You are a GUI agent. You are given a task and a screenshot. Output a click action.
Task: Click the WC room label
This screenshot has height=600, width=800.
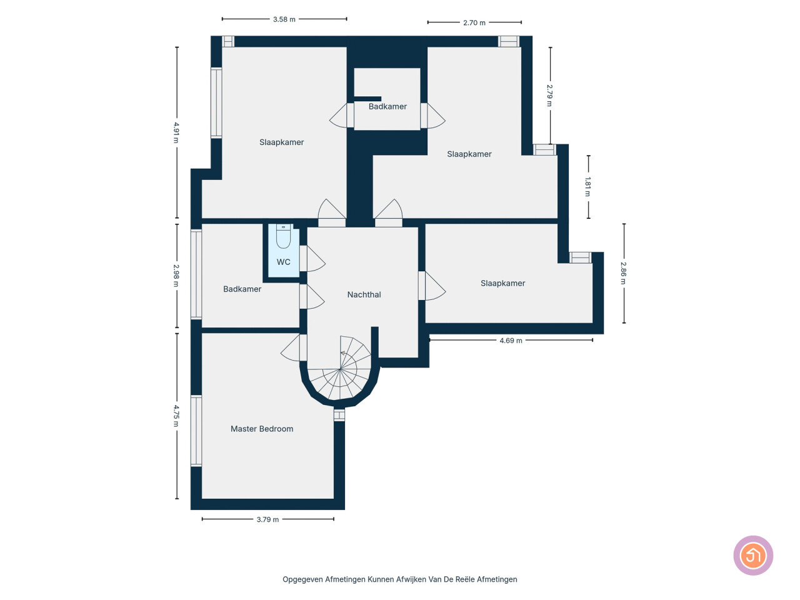point(283,262)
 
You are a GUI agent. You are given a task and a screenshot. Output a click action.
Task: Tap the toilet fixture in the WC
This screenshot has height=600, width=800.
point(283,236)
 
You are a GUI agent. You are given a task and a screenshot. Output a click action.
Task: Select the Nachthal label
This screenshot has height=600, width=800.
point(364,294)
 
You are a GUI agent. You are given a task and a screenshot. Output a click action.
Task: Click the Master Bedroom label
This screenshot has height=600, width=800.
point(262,429)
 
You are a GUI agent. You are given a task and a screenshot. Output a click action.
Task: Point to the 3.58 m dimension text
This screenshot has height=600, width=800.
point(284,19)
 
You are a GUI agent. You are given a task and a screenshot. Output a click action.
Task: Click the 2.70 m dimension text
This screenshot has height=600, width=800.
point(474,22)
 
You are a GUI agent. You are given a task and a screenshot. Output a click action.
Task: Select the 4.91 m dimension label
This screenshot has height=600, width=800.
point(176,132)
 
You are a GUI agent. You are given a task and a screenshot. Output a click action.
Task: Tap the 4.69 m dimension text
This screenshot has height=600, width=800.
point(511,340)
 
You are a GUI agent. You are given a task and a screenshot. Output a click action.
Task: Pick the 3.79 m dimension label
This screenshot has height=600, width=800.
point(267,519)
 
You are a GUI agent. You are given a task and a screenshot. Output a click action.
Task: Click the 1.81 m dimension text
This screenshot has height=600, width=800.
point(587,186)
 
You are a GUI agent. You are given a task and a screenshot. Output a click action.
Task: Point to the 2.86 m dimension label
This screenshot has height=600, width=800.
point(623,273)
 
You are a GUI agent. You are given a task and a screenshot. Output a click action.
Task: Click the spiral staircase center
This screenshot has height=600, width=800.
point(339,369)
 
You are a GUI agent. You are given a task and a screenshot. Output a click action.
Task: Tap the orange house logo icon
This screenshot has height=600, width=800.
point(753,555)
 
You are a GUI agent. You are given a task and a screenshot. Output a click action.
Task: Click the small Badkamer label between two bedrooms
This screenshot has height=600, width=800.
point(387,106)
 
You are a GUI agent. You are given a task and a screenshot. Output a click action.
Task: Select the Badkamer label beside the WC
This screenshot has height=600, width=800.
point(242,289)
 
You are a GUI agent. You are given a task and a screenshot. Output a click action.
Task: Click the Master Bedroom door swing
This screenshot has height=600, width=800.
point(291,348)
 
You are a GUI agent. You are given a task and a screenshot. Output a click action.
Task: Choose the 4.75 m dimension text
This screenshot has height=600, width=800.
point(176,416)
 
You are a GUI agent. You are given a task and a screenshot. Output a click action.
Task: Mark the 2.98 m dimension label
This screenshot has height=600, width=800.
point(176,276)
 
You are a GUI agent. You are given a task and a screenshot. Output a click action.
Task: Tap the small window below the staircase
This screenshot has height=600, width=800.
point(339,415)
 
